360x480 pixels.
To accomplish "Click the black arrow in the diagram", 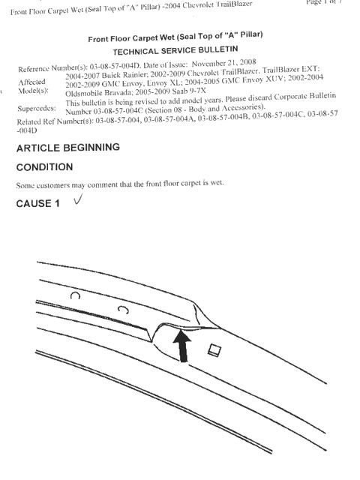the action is tap(183, 346).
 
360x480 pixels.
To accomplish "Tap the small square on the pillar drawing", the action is tap(214, 350).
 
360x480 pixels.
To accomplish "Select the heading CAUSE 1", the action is tap(38, 203).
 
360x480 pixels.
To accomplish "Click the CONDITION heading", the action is tap(45, 167).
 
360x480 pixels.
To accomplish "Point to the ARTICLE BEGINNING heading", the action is tap(68, 148).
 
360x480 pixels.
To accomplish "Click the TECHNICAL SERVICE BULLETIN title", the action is tap(175, 50).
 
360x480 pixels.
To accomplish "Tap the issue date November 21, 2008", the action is tap(223, 63).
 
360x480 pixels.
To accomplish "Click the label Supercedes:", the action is tap(37, 108).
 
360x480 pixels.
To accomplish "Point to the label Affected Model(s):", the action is tap(32, 86).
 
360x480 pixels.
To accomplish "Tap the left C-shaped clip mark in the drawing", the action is tap(75, 295).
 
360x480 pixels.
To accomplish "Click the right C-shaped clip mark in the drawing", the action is tap(123, 310).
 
